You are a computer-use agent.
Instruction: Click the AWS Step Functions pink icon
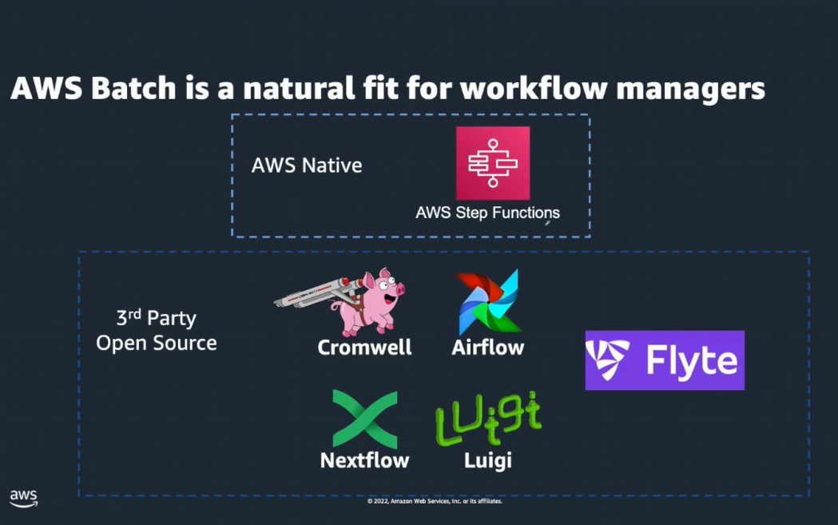coord(493,163)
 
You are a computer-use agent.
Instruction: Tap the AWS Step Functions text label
coord(487,213)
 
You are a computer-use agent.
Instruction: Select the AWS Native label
coord(307,165)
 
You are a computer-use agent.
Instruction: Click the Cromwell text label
coord(364,348)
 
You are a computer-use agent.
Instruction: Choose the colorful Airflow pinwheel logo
coord(488,302)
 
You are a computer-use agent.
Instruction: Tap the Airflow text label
coord(487,348)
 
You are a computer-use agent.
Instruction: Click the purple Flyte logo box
coord(665,360)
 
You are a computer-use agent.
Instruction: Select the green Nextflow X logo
coord(364,419)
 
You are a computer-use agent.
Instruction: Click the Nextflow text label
coord(364,460)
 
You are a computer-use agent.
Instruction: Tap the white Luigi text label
coord(487,460)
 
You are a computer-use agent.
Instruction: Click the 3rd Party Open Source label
coord(157,331)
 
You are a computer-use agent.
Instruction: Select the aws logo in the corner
coord(23,497)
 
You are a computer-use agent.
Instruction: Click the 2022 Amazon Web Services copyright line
coord(435,502)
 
